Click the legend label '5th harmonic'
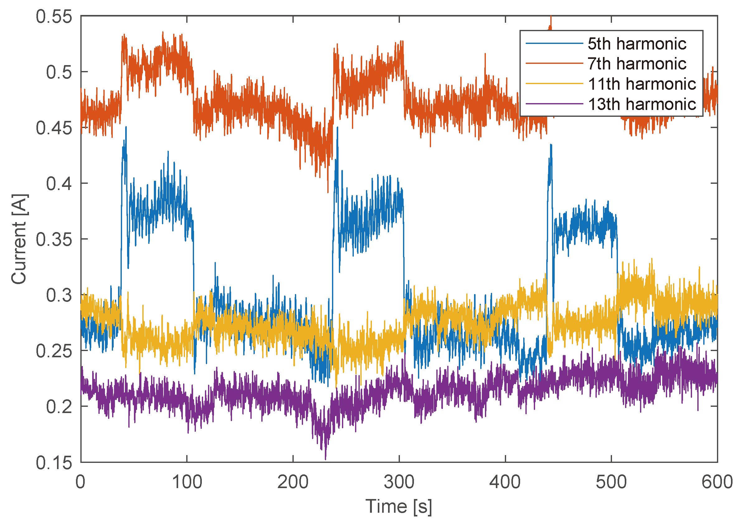tap(637, 44)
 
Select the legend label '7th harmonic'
tap(637, 64)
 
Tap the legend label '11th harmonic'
tap(642, 84)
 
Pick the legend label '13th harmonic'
tap(642, 104)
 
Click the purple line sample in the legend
tap(554, 104)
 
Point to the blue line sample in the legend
tap(554, 43)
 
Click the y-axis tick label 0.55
tap(54, 17)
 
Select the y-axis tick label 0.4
tap(59, 184)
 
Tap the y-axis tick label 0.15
tap(54, 463)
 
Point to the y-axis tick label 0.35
tap(54, 240)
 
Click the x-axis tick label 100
tap(187, 483)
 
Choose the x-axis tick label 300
tap(399, 483)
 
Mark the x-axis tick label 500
tap(611, 483)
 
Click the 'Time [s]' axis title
tap(398, 506)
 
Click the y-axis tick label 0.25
tap(54, 351)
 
